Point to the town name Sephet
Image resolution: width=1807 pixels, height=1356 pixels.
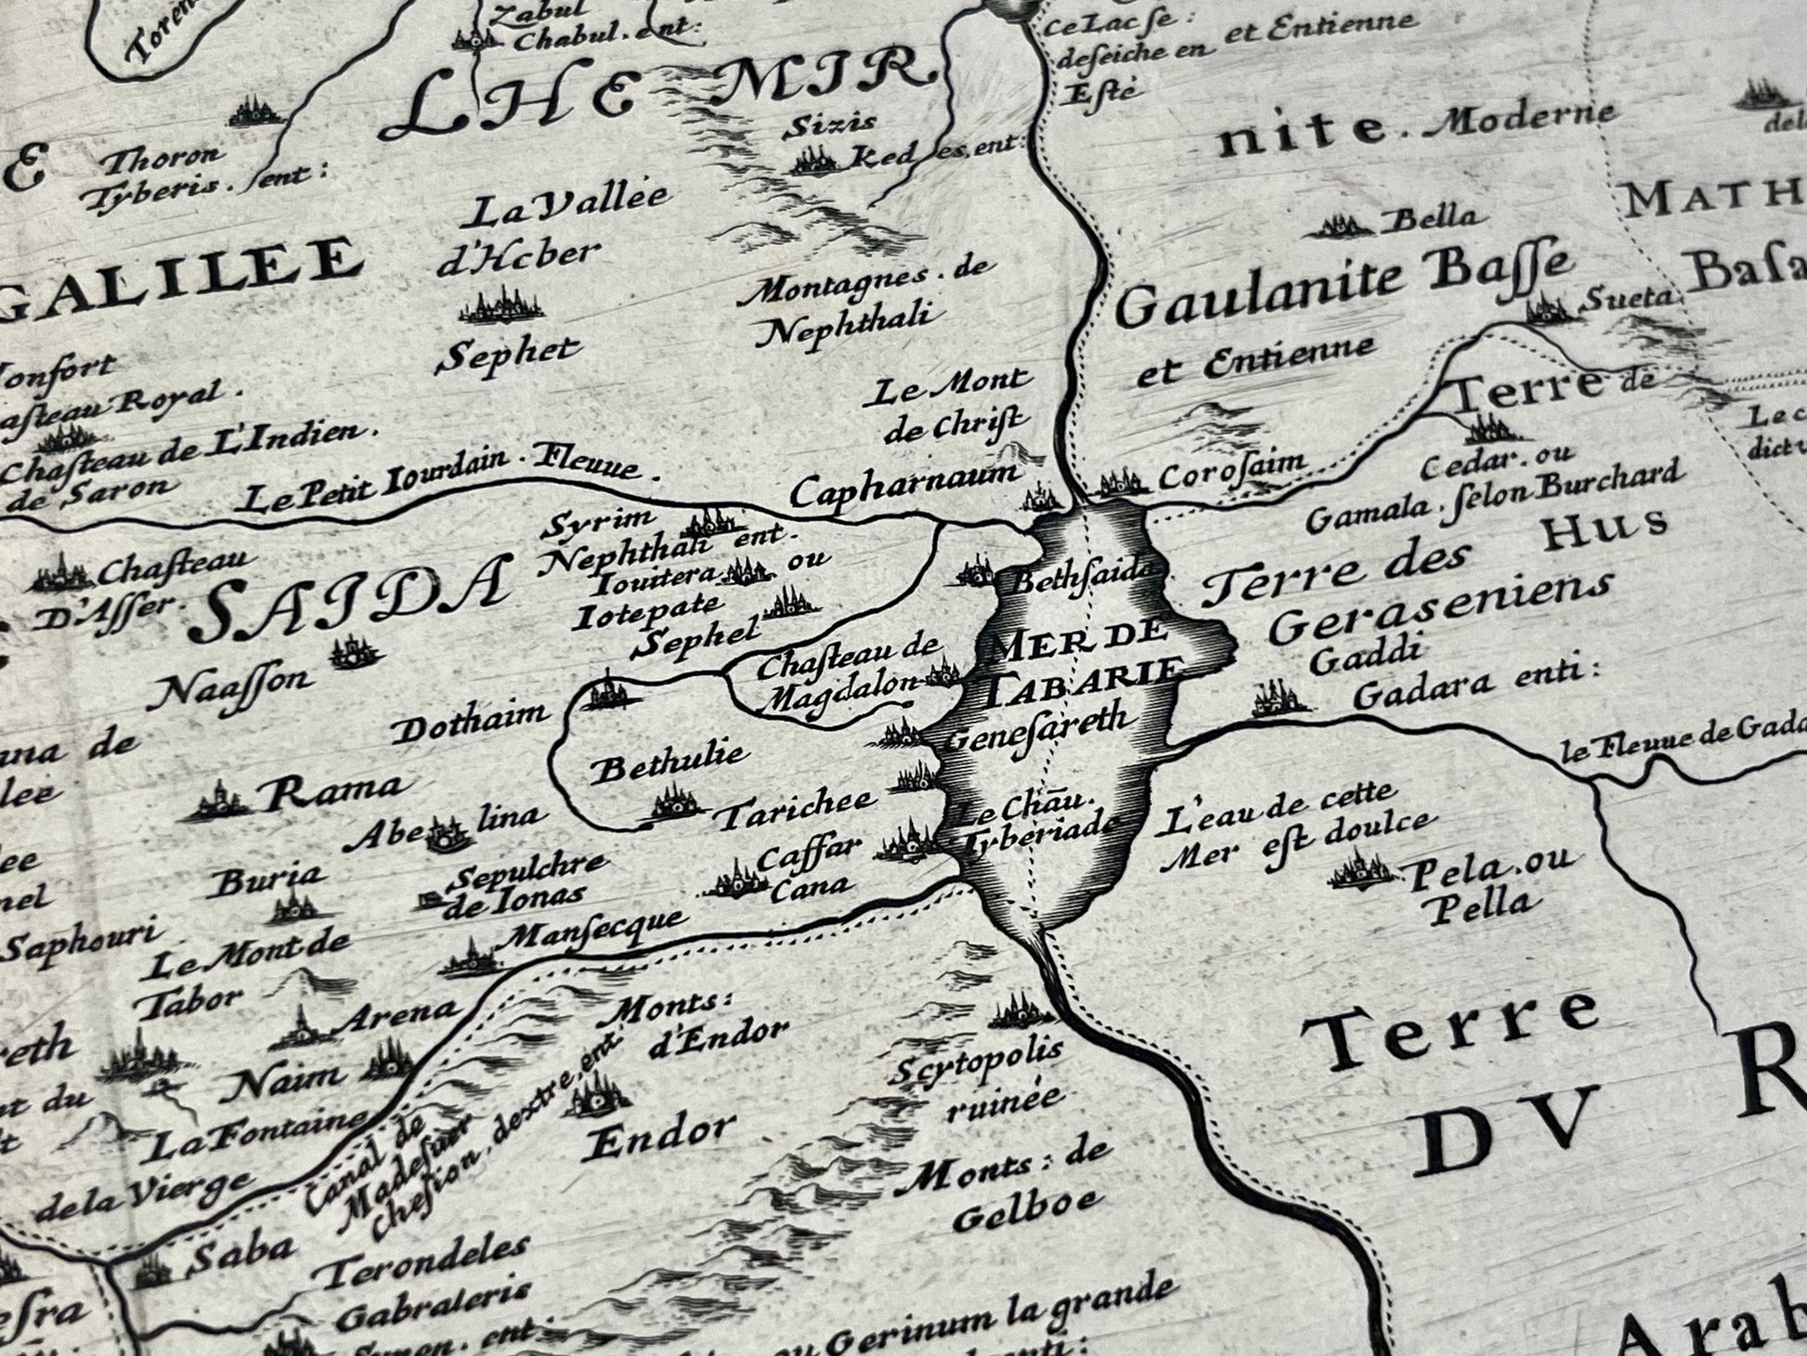pyautogui.click(x=509, y=354)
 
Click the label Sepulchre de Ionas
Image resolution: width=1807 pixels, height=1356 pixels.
pyautogui.click(x=525, y=879)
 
